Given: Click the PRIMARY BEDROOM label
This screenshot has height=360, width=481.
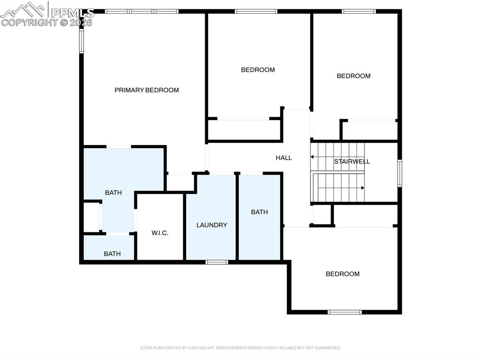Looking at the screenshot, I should [147, 90].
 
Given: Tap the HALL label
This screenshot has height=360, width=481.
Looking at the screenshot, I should [284, 158].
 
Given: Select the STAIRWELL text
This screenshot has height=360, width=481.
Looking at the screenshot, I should [352, 161].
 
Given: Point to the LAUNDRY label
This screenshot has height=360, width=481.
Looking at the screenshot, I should [211, 225].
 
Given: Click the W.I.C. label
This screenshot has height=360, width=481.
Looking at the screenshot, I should [160, 233].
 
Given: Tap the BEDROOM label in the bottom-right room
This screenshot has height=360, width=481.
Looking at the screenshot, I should [342, 274].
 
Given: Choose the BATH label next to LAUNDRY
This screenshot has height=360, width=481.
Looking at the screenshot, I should [259, 212].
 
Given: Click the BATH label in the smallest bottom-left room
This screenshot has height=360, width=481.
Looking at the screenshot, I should [112, 254].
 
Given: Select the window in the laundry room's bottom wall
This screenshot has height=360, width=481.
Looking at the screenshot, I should [217, 262].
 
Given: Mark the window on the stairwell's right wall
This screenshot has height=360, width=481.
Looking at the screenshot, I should [400, 173].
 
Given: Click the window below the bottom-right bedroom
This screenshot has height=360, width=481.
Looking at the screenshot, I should [345, 312].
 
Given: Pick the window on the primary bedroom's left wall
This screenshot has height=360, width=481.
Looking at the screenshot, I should [81, 41].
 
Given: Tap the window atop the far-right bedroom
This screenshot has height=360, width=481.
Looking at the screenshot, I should [359, 11].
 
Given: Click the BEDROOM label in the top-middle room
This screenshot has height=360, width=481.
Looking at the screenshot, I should [258, 70].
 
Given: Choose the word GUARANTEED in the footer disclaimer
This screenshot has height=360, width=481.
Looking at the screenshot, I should [327, 348].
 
